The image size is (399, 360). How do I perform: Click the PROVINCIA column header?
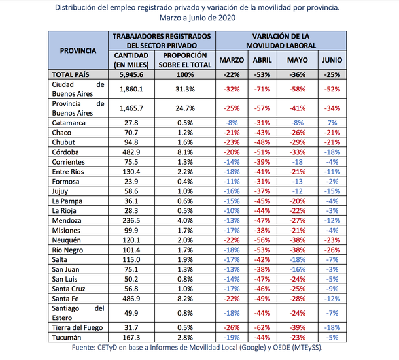(x=78, y=50)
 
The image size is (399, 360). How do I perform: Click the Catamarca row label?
(x=69, y=122)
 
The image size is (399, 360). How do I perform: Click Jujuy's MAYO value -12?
(x=297, y=191)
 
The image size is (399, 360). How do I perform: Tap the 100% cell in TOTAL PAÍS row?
(x=183, y=74)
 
